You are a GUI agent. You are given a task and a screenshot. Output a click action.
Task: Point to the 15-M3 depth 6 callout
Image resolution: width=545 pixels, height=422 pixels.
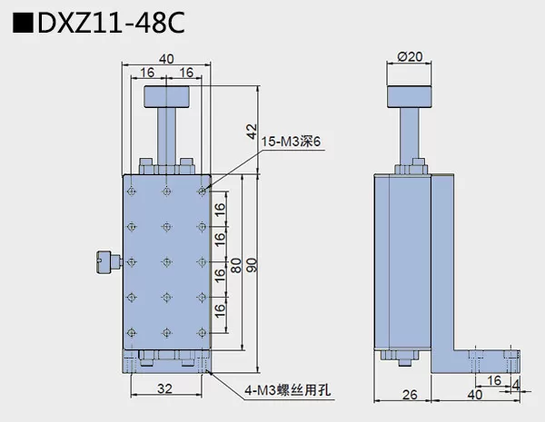292,142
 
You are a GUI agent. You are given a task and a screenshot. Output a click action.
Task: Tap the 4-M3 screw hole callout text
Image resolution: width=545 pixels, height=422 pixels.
289,392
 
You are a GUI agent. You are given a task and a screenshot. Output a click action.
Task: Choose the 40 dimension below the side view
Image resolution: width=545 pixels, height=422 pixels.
474,395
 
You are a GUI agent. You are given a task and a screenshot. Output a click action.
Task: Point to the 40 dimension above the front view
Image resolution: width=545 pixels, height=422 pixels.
166,59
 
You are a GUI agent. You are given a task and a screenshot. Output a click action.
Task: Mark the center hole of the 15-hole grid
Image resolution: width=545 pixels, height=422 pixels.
166,260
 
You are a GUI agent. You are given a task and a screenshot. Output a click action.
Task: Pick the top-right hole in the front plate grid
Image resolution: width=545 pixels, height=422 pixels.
201,192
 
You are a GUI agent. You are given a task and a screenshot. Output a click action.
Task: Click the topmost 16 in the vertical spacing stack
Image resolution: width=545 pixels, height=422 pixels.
220,210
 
